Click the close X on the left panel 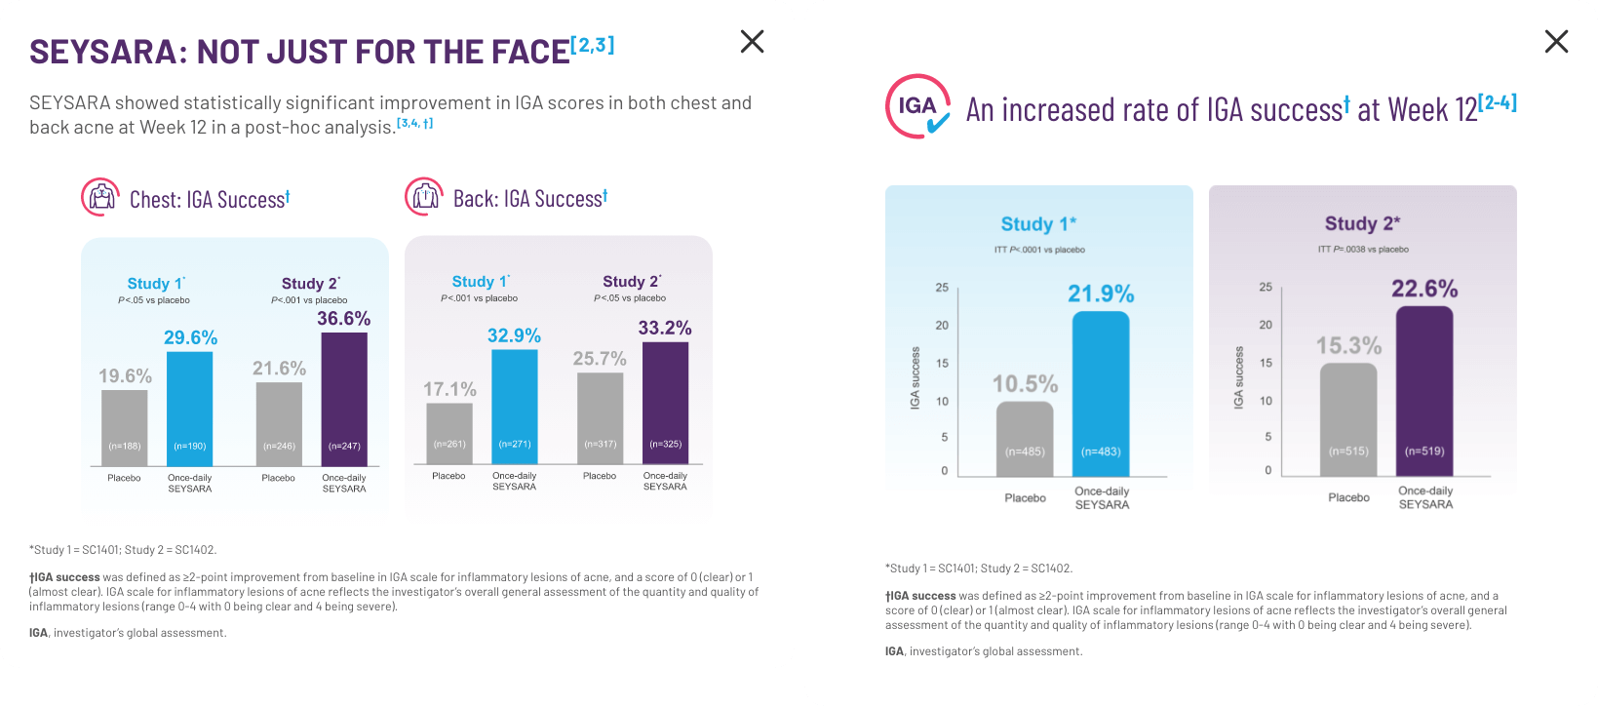coord(752,41)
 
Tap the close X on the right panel coord(1556,41)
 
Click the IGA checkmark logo coord(917,106)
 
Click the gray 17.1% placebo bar coord(449,433)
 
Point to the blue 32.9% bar coord(514,406)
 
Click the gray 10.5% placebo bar coord(1025,439)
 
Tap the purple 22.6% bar coord(1424,391)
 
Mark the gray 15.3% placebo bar coord(1348,419)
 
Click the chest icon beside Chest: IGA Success coord(100,198)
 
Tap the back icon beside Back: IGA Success coord(424,197)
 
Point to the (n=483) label coord(1101,451)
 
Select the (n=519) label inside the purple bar coord(1424,451)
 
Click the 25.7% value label coord(600,359)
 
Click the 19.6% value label coord(125,376)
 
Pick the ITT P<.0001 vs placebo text coord(1039,250)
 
